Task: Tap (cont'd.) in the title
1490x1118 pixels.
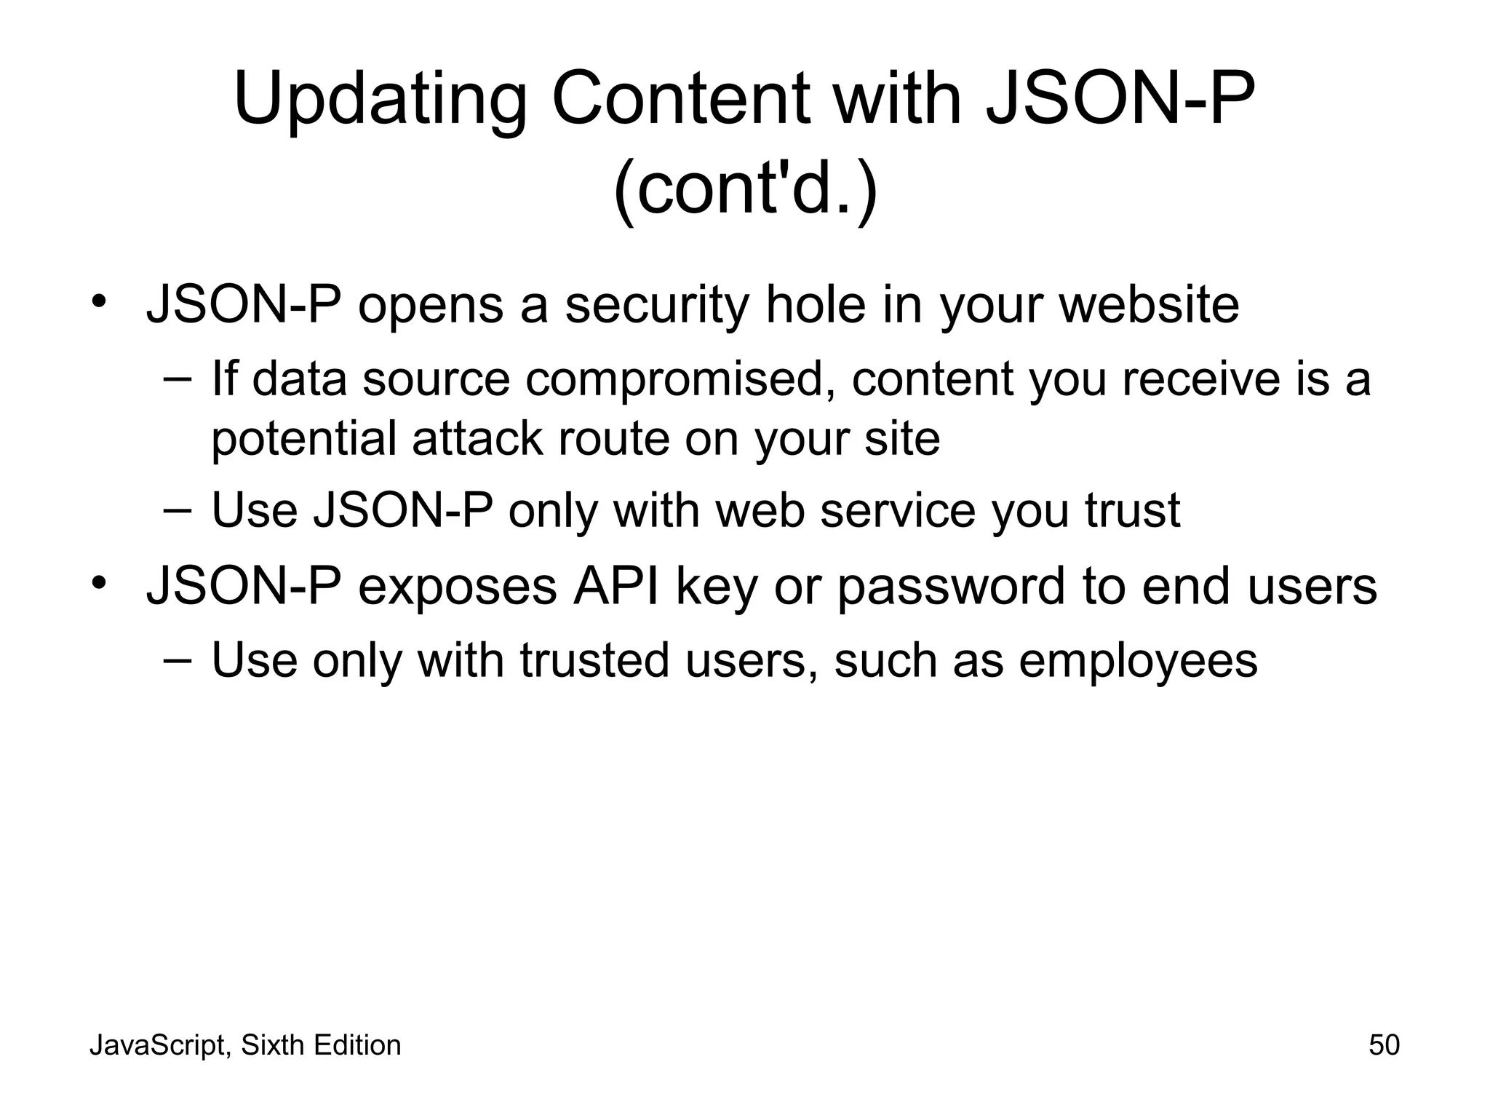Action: pos(746,191)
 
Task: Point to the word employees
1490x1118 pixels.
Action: pos(1138,661)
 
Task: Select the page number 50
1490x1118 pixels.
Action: pos(1384,1045)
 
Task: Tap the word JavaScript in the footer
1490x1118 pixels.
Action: pos(159,1045)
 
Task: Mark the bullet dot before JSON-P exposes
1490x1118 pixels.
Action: pos(100,583)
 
